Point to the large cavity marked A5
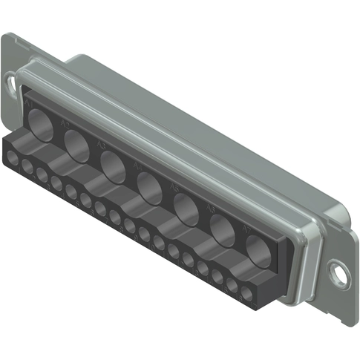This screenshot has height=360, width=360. [186, 208]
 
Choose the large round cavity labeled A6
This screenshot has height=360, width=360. [222, 229]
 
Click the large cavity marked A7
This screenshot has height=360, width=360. [257, 250]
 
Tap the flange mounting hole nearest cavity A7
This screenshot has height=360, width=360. [338, 274]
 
